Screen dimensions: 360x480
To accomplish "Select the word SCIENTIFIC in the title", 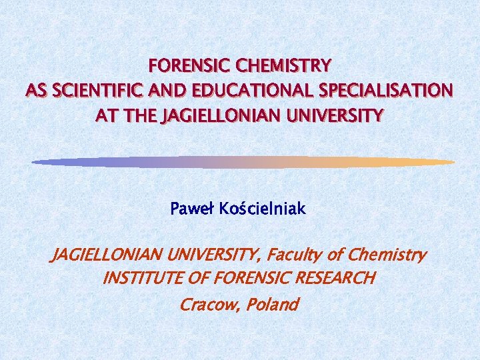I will tap(97, 91).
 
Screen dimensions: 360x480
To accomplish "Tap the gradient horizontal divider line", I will tap(243, 162).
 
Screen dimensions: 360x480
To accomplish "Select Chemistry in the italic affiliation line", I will tap(388, 255).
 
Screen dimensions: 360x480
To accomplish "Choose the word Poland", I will tap(273, 305).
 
